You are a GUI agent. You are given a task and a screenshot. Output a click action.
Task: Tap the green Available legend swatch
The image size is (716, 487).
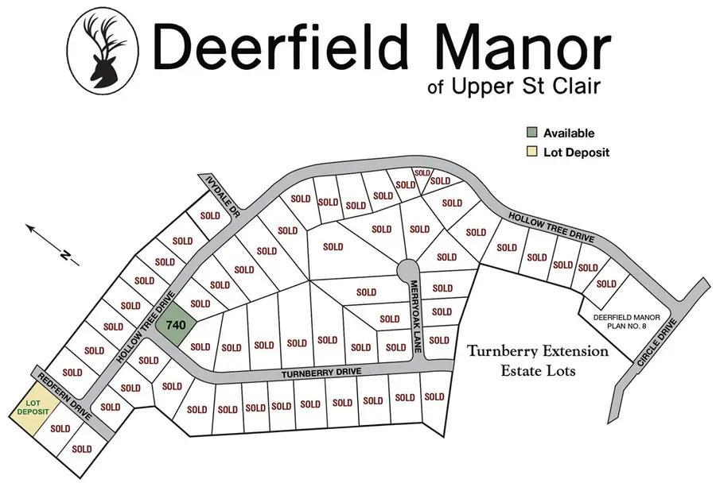pyautogui.click(x=531, y=133)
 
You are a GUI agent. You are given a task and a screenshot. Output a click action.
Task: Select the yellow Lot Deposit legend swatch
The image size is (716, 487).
pyautogui.click(x=531, y=152)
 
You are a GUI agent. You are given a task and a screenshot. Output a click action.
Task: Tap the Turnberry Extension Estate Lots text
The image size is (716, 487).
pyautogui.click(x=538, y=361)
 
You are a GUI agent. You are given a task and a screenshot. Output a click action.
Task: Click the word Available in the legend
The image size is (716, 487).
pyautogui.click(x=569, y=133)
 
